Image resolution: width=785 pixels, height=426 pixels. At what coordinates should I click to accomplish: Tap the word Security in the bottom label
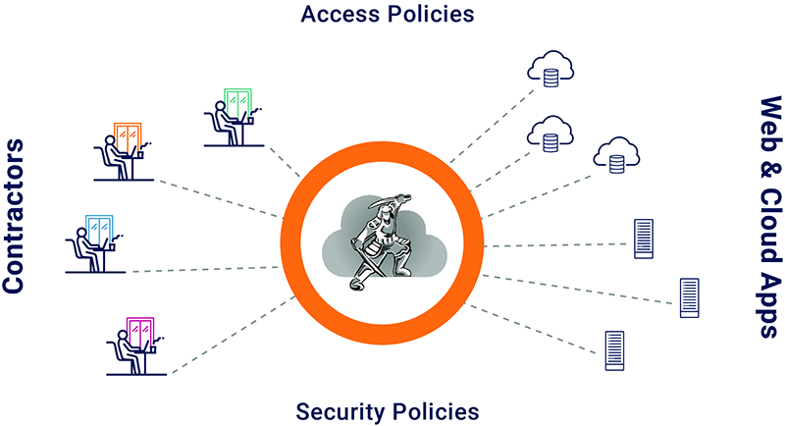pyautogui.click(x=338, y=409)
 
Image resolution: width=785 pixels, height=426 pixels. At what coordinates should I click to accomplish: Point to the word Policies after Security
pyautogui.click(x=434, y=409)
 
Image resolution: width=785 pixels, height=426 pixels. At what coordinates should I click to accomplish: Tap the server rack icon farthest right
pyautogui.click(x=689, y=295)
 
